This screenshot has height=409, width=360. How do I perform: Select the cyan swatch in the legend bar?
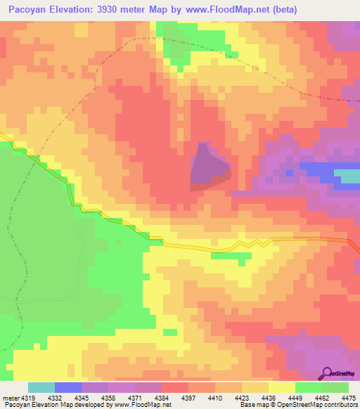(41, 388)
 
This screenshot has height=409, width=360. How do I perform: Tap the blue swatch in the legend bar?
(68, 388)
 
